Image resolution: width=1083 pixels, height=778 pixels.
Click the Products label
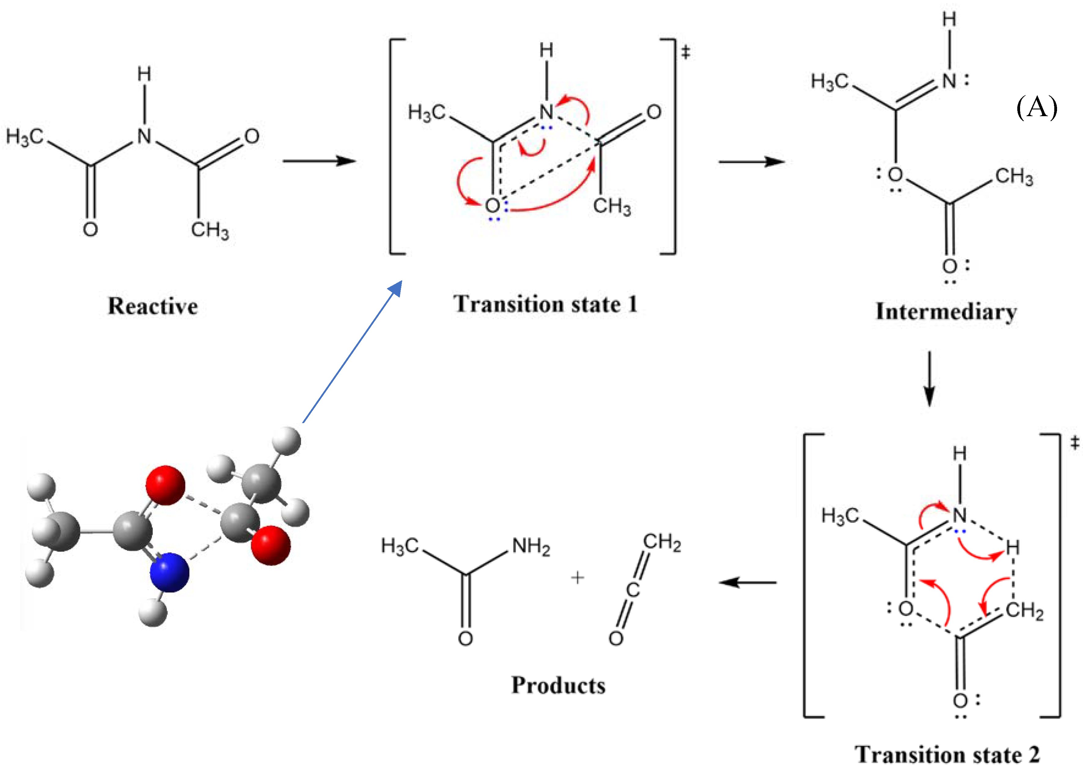point(558,685)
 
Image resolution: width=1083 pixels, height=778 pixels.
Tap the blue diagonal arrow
point(352,352)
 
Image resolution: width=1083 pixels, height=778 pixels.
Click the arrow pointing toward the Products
point(747,582)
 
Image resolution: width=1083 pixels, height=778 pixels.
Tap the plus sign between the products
point(577,578)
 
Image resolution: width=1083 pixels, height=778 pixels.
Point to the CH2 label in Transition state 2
point(1024,611)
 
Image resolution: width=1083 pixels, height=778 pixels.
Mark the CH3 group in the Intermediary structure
point(1014,177)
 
